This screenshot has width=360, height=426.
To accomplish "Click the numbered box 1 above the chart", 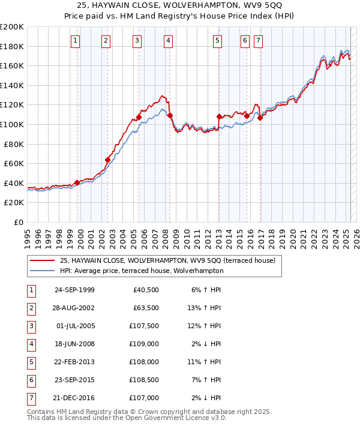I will click(x=75, y=41).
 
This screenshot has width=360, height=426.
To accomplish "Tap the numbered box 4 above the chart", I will click(x=168, y=41).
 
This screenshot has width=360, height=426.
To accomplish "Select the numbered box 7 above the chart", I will click(x=258, y=41).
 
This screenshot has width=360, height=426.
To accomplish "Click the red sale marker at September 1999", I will click(x=77, y=182).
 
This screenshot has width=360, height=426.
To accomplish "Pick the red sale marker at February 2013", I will click(x=219, y=116).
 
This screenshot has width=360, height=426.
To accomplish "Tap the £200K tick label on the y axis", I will click(x=12, y=26).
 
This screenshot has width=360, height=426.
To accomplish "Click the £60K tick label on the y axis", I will click(x=14, y=163).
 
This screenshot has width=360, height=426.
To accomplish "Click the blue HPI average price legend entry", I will click(x=142, y=271).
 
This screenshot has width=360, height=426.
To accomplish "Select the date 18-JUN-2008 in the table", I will click(x=74, y=344).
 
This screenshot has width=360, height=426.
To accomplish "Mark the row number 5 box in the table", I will click(x=31, y=362).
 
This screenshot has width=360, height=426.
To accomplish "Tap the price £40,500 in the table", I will click(x=146, y=290).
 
